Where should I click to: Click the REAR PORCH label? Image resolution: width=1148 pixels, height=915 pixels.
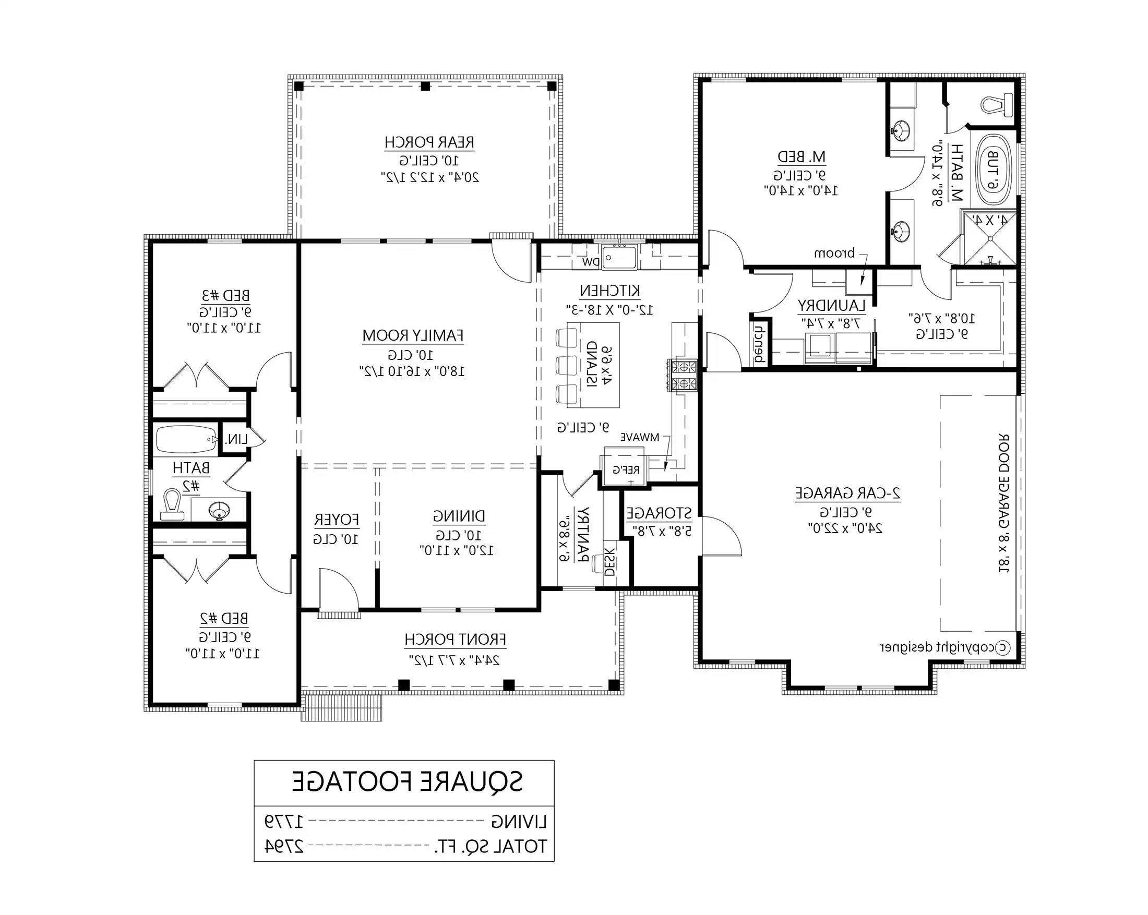coord(429,142)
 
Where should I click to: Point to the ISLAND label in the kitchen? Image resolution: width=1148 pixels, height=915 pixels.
coord(592,365)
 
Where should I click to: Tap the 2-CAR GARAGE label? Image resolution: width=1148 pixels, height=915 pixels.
coord(847,493)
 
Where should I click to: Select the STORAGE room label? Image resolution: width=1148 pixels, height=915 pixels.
coord(659,514)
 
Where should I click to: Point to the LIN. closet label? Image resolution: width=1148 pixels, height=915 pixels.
coord(236,440)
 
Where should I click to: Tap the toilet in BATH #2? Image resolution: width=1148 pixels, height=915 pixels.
coord(172,503)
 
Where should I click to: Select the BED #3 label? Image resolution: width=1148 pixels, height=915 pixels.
coord(226,295)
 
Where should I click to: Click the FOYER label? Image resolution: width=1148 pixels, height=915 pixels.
coord(336,520)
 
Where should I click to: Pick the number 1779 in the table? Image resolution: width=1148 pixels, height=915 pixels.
coord(284,821)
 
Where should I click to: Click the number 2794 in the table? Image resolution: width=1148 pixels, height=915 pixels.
coord(284,846)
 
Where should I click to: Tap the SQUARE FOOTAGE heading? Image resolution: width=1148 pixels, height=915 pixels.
coord(408,782)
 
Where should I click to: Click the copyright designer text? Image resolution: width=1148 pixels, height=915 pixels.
coord(943,648)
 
